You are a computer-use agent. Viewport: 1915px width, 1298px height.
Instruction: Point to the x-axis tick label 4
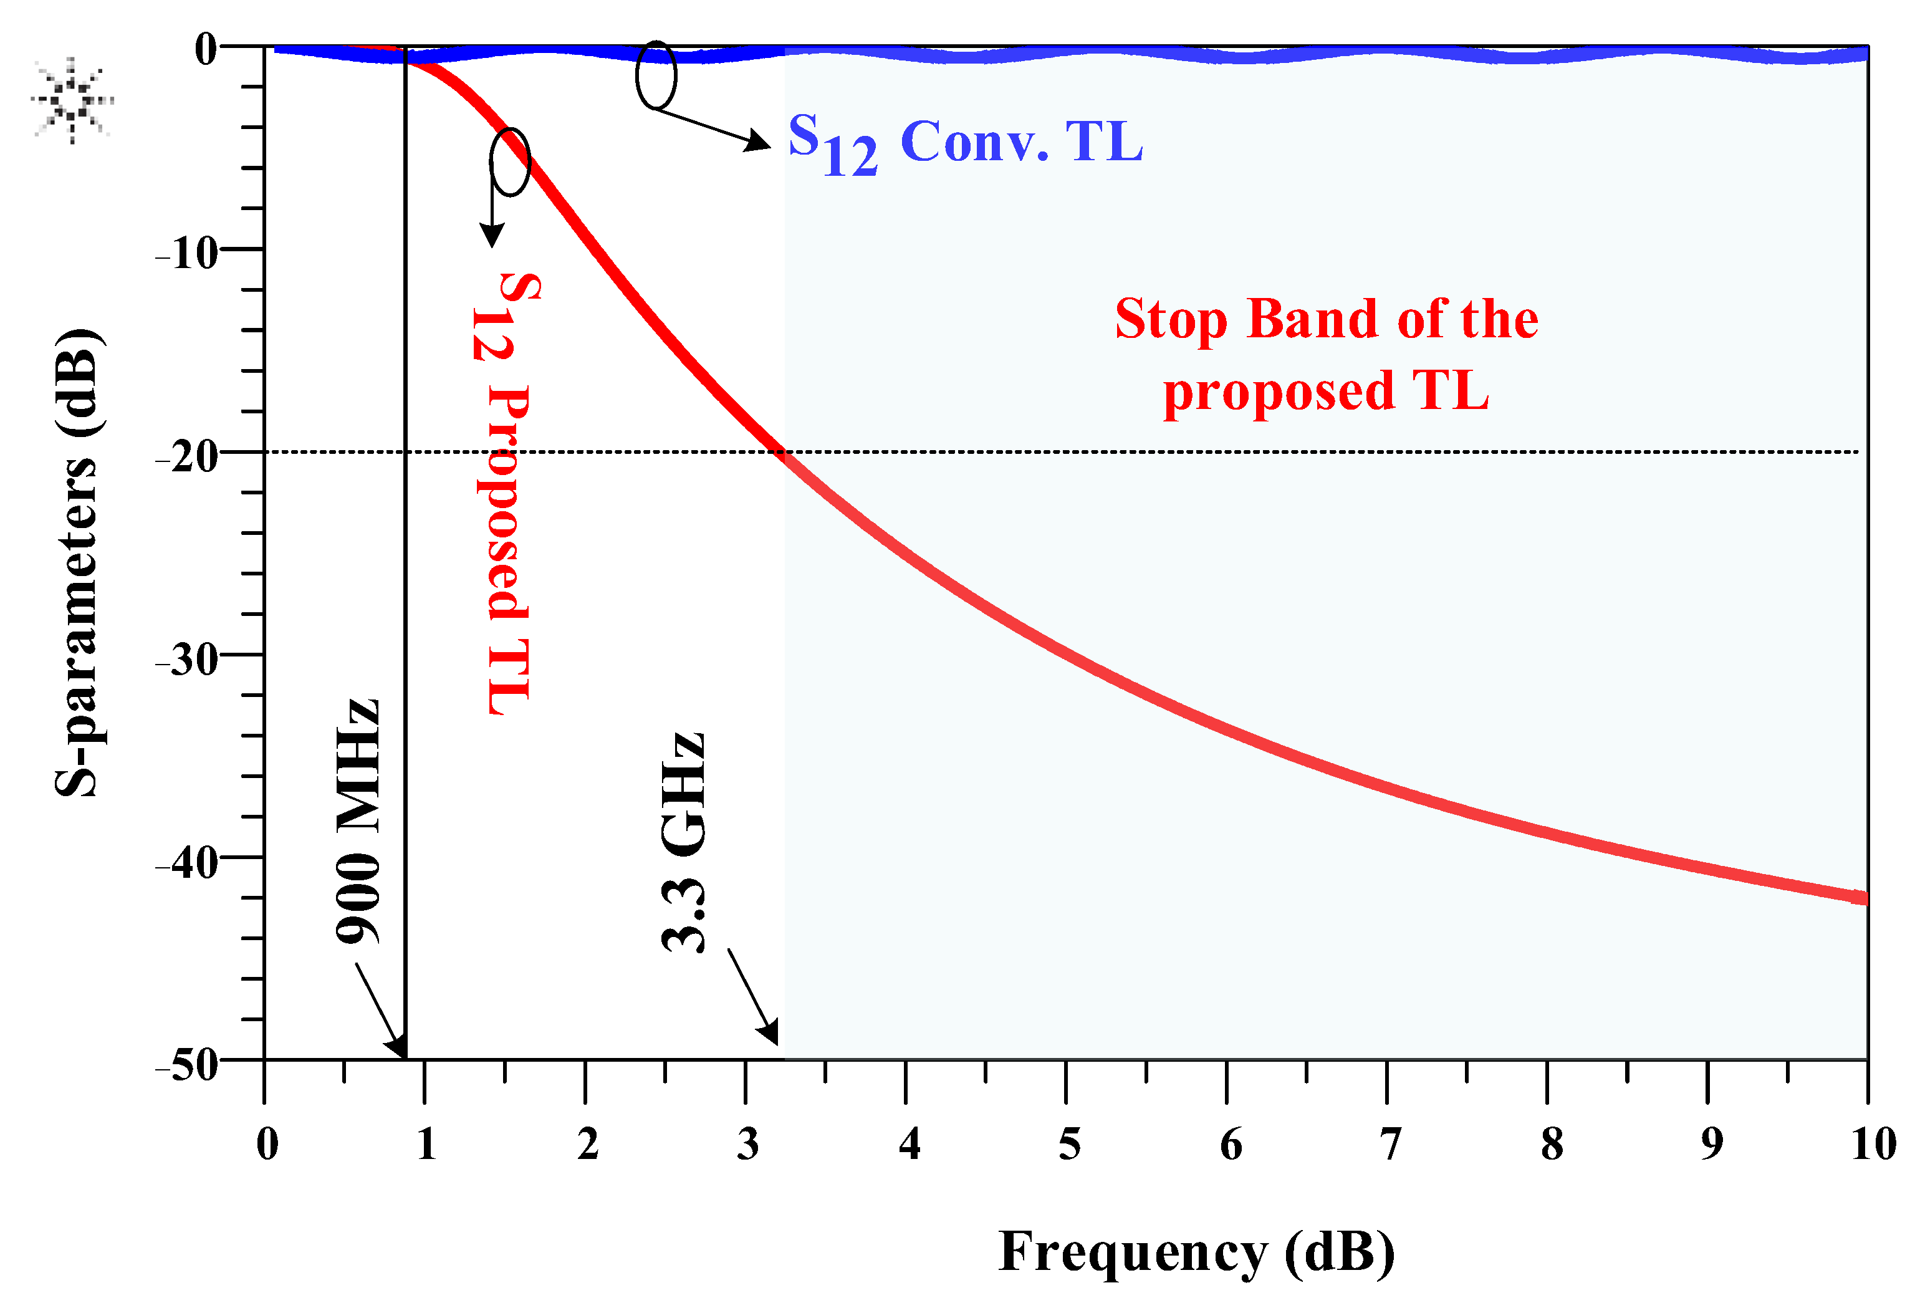910,1145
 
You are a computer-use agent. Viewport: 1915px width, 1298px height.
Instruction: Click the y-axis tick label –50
189,1065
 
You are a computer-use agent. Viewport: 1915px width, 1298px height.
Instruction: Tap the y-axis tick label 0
205,49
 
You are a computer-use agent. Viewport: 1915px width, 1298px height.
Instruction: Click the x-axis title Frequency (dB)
1196,1252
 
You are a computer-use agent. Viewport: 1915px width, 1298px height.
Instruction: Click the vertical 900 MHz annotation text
359,821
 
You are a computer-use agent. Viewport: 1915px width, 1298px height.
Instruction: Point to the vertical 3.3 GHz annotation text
684,842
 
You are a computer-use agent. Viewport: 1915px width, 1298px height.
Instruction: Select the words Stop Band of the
1327,320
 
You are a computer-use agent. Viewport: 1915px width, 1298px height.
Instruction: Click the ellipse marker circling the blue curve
656,75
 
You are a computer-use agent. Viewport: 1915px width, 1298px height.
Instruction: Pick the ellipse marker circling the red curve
510,162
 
